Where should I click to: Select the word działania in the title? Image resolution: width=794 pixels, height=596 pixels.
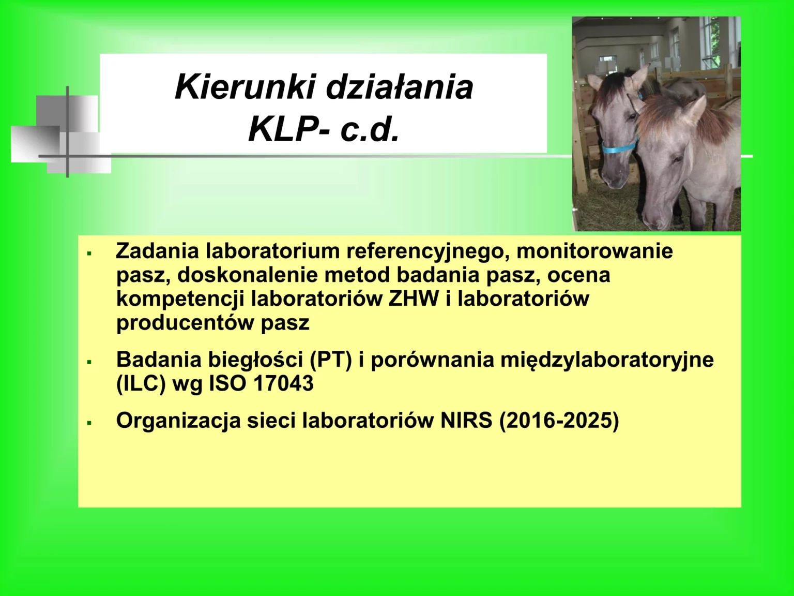(x=400, y=87)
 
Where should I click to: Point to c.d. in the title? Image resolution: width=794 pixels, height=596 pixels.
(x=370, y=129)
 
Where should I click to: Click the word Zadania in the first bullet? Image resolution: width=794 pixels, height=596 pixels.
(x=157, y=251)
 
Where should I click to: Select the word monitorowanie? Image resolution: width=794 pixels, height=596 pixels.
(x=594, y=251)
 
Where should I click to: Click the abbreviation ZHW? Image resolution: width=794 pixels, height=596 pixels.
(x=414, y=299)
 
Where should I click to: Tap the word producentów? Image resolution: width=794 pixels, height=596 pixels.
(x=185, y=323)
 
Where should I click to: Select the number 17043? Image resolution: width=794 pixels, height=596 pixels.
(x=283, y=384)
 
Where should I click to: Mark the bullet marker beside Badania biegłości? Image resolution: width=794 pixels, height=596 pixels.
(x=89, y=362)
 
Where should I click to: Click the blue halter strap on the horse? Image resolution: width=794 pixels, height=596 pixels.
(x=619, y=147)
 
